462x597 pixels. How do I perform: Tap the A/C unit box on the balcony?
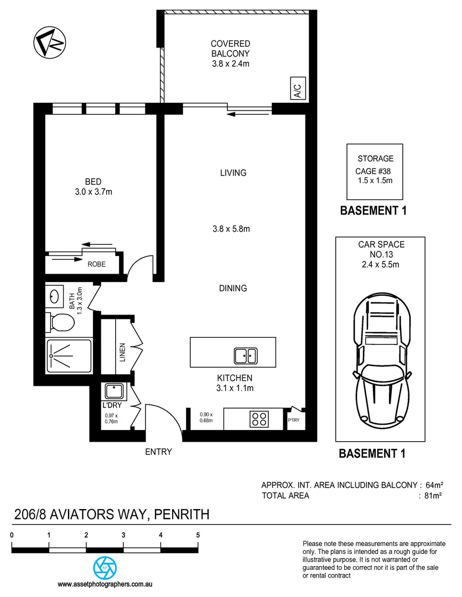[x=297, y=89]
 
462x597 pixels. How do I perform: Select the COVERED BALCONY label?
[x=230, y=49]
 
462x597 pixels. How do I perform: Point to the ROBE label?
[x=96, y=264]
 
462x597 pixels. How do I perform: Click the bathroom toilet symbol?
[x=61, y=321]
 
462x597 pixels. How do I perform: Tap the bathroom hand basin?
[x=54, y=296]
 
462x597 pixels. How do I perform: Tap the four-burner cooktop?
[x=258, y=418]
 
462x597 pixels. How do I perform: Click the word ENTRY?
[x=158, y=452]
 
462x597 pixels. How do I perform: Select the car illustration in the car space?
[x=382, y=359]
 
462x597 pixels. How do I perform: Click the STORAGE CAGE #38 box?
[x=375, y=172]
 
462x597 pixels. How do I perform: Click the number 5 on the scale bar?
[x=198, y=535]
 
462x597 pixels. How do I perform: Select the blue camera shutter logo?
[x=103, y=567]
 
